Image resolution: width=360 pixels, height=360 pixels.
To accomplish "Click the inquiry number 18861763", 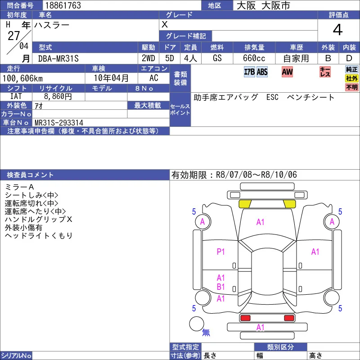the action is pyautogui.click(x=63, y=5).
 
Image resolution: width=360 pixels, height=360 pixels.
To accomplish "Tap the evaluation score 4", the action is pyautogui.click(x=337, y=30).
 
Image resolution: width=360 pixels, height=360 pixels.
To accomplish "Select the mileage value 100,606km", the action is pyautogui.click(x=22, y=78).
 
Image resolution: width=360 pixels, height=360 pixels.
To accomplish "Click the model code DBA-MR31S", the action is pyautogui.click(x=58, y=58).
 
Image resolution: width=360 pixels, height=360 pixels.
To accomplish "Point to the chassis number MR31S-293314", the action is pyautogui.click(x=59, y=122).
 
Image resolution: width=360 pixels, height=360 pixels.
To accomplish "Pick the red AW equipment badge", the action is pyautogui.click(x=287, y=72).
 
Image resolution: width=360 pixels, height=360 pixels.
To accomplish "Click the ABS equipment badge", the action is pyautogui.click(x=262, y=72).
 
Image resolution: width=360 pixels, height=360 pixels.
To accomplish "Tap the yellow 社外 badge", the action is pyautogui.click(x=351, y=78).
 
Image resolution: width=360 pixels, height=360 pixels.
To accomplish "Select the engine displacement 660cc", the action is pyautogui.click(x=254, y=58).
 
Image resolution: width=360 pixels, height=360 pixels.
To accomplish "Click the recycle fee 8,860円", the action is pyautogui.click(x=58, y=96).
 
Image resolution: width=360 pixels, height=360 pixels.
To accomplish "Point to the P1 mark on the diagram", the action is pyautogui.click(x=220, y=252).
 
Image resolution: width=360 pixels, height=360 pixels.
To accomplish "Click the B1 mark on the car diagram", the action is pyautogui.click(x=220, y=287).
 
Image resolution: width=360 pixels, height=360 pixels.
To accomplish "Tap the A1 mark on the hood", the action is pyautogui.click(x=261, y=222).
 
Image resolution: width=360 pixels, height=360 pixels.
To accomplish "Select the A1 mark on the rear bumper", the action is pyautogui.click(x=261, y=327).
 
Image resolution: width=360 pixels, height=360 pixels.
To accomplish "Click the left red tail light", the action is pyautogui.click(x=245, y=318).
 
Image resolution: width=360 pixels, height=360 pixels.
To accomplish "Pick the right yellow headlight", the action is pyautogui.click(x=289, y=204).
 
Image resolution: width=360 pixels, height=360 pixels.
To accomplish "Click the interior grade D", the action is pyautogui.click(x=349, y=58).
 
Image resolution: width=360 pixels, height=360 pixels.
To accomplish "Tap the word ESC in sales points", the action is pyautogui.click(x=272, y=97).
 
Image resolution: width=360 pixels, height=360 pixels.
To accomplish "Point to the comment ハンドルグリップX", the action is pyautogui.click(x=39, y=219).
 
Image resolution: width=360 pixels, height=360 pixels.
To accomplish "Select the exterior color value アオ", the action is pyautogui.click(x=39, y=106).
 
